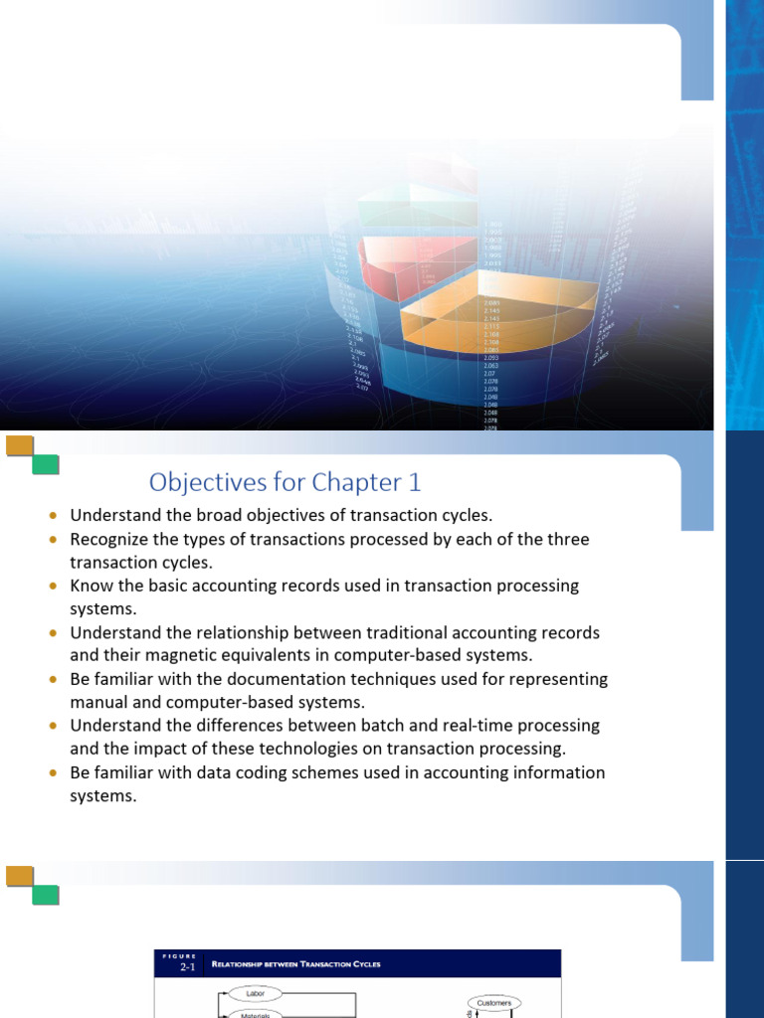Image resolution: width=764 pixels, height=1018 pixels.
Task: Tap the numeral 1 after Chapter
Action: pos(413,482)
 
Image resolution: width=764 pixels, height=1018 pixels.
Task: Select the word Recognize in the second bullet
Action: pos(113,539)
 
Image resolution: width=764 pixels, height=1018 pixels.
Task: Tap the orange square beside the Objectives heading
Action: pos(20,445)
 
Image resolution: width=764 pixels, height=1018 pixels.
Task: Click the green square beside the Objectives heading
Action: pos(46,464)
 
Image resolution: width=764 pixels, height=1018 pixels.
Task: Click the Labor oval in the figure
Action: pos(254,992)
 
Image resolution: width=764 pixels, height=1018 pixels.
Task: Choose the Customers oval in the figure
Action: pos(494,1003)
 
